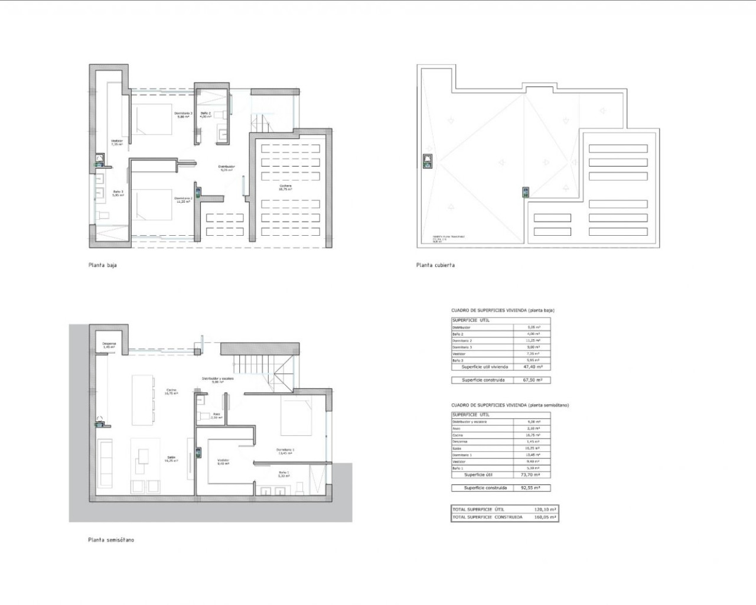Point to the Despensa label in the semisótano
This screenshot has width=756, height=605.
(x=109, y=345)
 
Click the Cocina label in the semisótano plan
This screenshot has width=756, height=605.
(x=172, y=391)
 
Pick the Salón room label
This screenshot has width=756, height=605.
(x=171, y=458)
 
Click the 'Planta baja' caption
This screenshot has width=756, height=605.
(x=103, y=265)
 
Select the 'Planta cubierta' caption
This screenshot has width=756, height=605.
(x=435, y=265)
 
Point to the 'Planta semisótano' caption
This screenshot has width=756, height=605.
(x=111, y=540)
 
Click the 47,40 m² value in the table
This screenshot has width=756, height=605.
(x=532, y=367)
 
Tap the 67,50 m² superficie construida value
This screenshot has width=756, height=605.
(x=532, y=380)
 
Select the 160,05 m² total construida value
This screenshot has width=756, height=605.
(x=545, y=517)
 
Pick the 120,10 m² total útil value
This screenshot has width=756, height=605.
(x=545, y=509)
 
